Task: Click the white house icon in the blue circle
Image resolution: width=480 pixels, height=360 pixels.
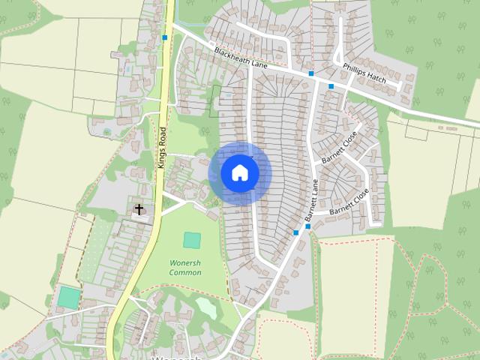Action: (239, 172)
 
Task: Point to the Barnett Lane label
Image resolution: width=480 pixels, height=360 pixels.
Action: (312, 202)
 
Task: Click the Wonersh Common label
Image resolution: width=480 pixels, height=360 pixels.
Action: (185, 267)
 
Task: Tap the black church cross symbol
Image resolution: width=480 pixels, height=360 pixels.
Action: (139, 210)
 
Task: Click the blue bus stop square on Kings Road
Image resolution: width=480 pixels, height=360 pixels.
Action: (164, 37)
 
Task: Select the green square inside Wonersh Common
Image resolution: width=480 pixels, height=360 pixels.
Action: (192, 240)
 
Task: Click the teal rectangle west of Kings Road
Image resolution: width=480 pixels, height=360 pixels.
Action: (67, 297)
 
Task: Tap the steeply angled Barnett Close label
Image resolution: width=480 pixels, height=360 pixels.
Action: (340, 148)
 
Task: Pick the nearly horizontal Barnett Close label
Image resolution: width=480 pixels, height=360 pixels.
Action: (349, 201)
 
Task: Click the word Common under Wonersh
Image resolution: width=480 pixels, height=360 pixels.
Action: (185, 273)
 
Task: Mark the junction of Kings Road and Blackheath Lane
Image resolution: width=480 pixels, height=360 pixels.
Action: (171, 25)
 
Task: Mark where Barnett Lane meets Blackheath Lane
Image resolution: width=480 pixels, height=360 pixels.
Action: (310, 79)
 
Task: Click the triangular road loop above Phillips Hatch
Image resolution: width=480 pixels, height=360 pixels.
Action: (337, 55)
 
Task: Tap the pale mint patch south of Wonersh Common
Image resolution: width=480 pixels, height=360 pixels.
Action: (206, 307)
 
